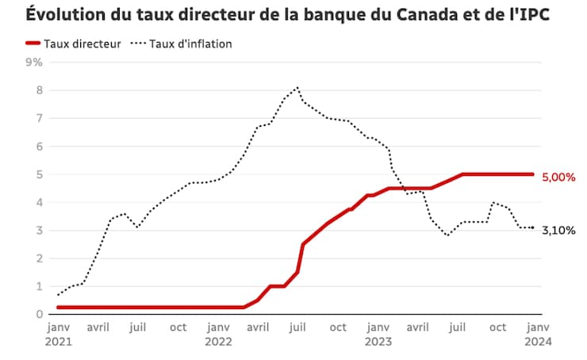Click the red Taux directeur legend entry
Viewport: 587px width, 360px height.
[72, 44]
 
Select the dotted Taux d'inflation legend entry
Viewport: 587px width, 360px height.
[183, 44]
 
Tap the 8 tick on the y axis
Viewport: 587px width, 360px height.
[37, 90]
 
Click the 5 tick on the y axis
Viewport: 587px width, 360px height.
[37, 174]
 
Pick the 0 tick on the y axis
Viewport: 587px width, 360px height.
[37, 314]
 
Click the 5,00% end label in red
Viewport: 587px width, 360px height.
[558, 178]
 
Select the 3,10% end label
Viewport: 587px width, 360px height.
[558, 231]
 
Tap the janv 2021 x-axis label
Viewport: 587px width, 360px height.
[59, 334]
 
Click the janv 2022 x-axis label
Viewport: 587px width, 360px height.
[218, 334]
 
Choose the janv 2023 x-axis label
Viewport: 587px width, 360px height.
[378, 334]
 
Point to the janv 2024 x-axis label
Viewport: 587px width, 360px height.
[537, 334]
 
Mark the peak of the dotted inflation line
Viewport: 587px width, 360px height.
[297, 87]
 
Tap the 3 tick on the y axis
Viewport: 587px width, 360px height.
[37, 230]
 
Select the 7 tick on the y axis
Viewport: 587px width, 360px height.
[37, 118]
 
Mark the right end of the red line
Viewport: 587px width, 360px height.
[532, 174]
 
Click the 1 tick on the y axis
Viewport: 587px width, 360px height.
[37, 286]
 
